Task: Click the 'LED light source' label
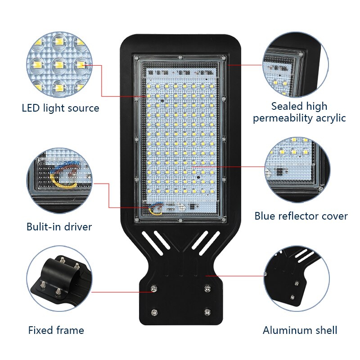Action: tap(60, 108)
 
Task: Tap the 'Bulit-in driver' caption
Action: tap(59, 227)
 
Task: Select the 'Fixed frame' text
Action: tap(56, 330)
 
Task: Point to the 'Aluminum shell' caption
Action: tap(300, 330)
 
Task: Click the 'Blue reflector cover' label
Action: tap(301, 216)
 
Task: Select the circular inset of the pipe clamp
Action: tap(59, 279)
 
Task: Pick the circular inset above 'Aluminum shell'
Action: tap(297, 279)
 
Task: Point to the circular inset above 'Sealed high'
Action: tap(297, 64)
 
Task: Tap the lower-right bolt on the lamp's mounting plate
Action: tap(207, 311)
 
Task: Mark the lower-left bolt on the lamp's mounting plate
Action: tap(154, 311)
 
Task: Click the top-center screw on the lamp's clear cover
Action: tap(180, 58)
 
